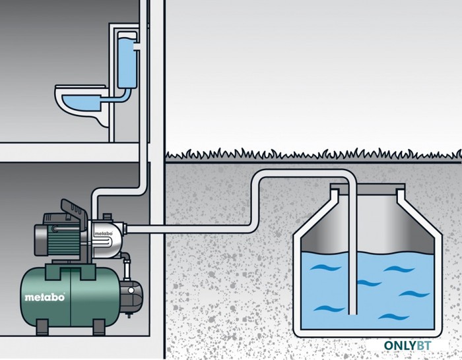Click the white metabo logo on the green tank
tap(44, 297)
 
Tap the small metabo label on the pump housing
tap(104, 233)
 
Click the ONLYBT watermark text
tap(407, 345)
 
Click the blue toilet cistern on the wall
tap(127, 60)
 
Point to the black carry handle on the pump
tap(74, 209)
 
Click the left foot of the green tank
tap(42, 327)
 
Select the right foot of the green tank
tap(99, 327)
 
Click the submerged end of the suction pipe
tap(352, 313)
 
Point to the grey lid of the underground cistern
tap(368, 187)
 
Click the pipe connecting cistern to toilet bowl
tap(118, 97)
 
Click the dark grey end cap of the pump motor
tap(41, 239)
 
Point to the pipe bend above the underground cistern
tap(348, 177)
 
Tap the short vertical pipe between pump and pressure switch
tap(127, 269)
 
